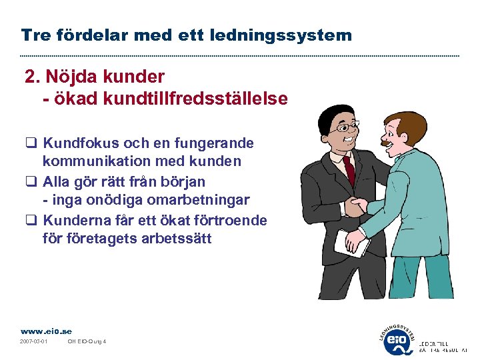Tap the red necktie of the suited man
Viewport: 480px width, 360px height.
click(x=349, y=170)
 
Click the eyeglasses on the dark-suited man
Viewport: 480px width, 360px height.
click(x=347, y=127)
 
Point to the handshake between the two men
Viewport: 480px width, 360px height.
click(x=361, y=206)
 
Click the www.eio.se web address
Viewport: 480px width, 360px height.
click(x=46, y=331)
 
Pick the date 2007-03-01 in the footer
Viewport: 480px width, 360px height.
click(x=34, y=342)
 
